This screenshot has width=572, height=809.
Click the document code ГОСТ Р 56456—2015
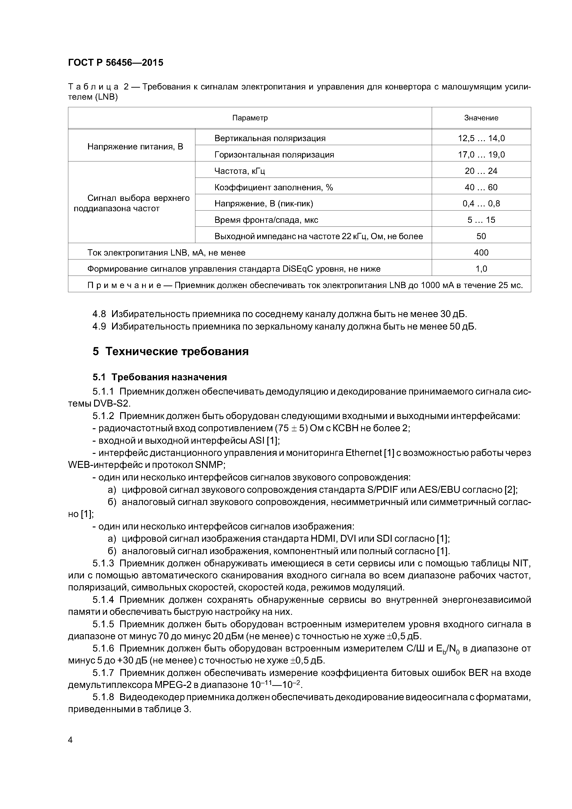click(116, 63)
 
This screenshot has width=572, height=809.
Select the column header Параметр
click(250, 118)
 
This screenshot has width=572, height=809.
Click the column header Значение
click(481, 118)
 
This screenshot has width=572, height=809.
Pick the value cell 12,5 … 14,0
click(481, 138)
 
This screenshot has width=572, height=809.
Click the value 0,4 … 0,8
click(481, 204)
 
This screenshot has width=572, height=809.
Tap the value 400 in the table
click(481, 253)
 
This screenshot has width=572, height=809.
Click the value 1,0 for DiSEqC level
click(481, 269)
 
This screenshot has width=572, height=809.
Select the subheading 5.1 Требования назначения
click(160, 377)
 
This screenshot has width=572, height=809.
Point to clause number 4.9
click(99, 327)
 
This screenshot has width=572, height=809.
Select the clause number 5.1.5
click(103, 624)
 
